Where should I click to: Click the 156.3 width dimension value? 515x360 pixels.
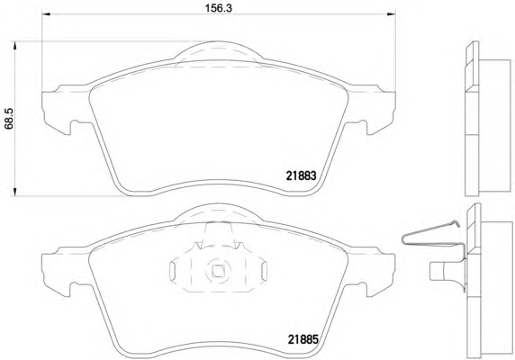(219, 8)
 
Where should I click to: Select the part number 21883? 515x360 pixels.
(301, 175)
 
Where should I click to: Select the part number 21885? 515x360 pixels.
(303, 339)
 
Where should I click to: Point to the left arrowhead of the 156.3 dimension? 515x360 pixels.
(46, 13)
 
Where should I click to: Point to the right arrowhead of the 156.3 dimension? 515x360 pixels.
(392, 13)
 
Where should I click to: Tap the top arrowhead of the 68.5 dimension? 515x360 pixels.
(14, 45)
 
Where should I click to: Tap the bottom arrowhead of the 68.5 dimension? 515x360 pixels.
(14, 192)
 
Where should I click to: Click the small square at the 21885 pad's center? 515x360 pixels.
(218, 270)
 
